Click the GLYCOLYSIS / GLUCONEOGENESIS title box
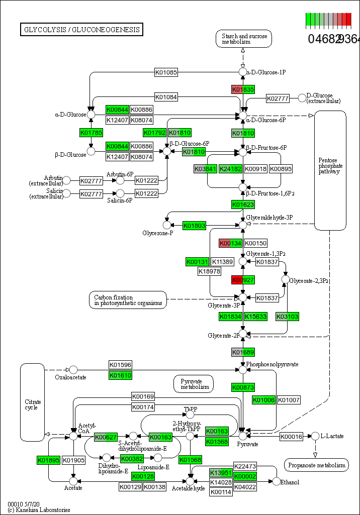[81, 30]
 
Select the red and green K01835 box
[243, 89]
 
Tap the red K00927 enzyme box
[243, 280]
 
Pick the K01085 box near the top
[166, 72]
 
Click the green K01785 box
[91, 133]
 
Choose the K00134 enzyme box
[231, 243]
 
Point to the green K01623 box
[243, 204]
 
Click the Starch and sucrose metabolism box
[243, 39]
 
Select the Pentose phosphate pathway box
[330, 170]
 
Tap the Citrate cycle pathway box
[32, 402]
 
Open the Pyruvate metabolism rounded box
[194, 384]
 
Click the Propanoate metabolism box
[316, 465]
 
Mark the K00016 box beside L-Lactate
[292, 436]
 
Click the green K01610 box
[121, 375]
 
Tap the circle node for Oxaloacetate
[73, 370]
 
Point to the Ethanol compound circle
[276, 482]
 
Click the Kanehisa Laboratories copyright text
[39, 510]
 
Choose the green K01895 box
[49, 460]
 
